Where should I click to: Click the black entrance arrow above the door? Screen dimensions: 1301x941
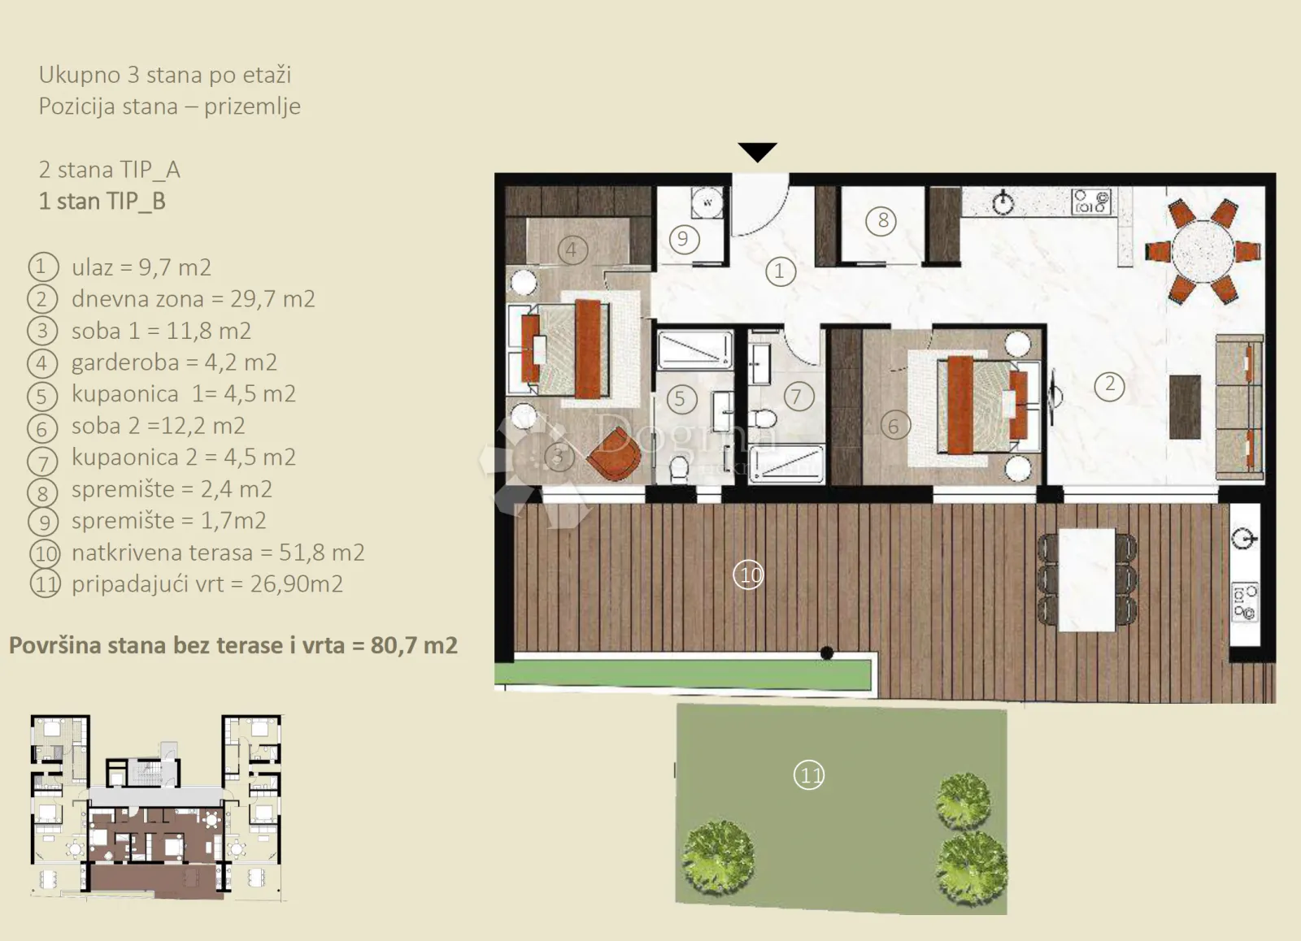click(757, 151)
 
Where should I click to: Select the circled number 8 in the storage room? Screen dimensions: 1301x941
click(881, 220)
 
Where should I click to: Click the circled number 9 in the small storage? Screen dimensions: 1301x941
click(684, 239)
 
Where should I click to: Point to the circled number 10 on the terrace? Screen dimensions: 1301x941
click(749, 575)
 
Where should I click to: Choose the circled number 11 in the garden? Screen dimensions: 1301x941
click(809, 775)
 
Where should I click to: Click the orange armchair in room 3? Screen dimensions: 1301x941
click(615, 454)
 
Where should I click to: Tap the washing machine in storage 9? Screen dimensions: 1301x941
click(707, 203)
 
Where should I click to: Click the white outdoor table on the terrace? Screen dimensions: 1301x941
click(1086, 579)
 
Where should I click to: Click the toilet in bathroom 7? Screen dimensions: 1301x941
click(762, 418)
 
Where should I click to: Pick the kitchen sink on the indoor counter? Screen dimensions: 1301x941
click(1003, 202)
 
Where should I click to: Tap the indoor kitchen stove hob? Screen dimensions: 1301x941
click(1091, 202)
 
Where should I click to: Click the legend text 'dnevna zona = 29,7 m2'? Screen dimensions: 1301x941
click(194, 299)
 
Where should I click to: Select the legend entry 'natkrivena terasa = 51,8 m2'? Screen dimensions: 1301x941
click(218, 553)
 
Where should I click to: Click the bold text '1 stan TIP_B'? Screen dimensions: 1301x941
click(102, 202)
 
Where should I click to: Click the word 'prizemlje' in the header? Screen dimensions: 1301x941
click(252, 107)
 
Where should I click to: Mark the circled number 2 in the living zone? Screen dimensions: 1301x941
click(1109, 385)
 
